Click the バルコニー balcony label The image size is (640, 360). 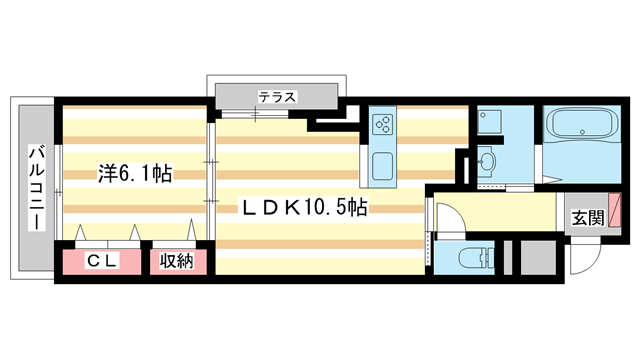tap(33, 187)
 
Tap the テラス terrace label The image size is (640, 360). tap(277, 97)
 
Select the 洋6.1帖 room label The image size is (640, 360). tap(134, 173)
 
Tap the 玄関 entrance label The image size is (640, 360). tap(587, 217)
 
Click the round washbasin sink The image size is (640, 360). tap(487, 161)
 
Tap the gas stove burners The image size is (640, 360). tap(383, 124)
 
